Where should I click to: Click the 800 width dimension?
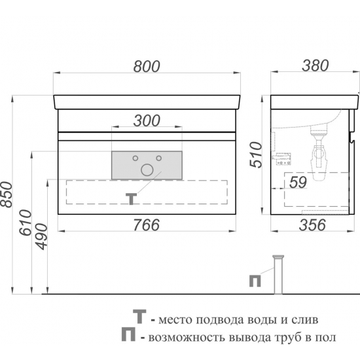click(147, 67)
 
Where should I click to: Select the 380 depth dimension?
click(315, 65)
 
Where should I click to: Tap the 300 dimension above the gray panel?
click(147, 121)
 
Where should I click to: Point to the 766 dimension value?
click(147, 225)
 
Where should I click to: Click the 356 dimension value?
click(312, 225)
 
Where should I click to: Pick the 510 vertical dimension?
click(256, 154)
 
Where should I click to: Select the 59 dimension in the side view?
click(298, 183)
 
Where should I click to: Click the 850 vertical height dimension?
click(6, 194)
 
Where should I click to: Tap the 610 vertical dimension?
click(26, 223)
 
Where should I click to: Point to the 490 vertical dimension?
click(42, 236)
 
